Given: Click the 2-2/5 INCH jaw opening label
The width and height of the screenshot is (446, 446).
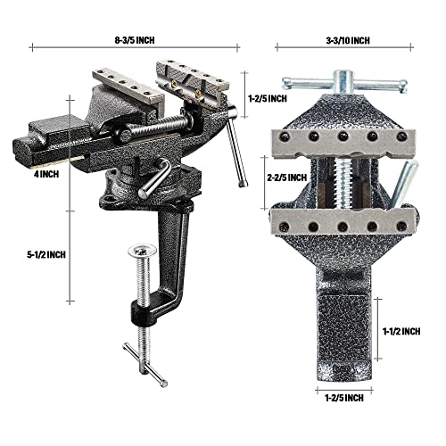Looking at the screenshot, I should [x=286, y=178].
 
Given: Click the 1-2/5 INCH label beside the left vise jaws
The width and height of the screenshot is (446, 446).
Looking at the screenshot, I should [x=268, y=97].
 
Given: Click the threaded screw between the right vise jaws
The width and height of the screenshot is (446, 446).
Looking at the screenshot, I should [x=341, y=178].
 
